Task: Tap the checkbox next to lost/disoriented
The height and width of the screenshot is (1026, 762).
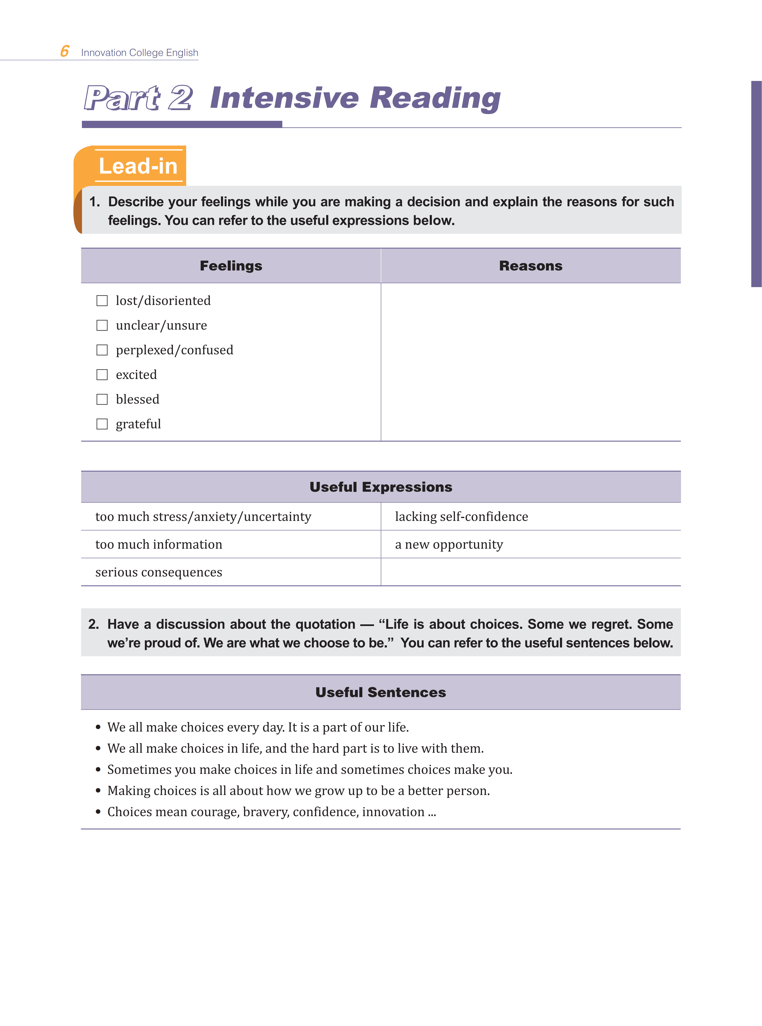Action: point(102,301)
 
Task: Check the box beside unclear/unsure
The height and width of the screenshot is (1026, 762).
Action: point(102,326)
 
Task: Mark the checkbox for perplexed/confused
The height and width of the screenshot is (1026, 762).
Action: point(102,350)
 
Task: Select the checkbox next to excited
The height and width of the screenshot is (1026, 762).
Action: point(102,374)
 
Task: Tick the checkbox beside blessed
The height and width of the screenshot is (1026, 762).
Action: point(102,399)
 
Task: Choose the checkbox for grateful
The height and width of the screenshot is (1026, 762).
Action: point(102,424)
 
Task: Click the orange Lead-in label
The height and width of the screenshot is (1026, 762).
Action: point(138,166)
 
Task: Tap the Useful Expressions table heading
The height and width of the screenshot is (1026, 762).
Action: point(381,487)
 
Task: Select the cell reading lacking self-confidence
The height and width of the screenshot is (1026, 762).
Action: point(461,516)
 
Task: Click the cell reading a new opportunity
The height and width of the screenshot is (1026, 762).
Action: point(449,545)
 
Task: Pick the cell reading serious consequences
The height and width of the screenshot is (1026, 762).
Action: point(159,572)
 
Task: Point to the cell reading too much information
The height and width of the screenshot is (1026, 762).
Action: point(159,545)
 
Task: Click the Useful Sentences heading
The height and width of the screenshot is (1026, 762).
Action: point(381,692)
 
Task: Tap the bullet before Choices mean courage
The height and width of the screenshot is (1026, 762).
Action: point(98,812)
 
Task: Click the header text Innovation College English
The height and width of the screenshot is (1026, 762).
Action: point(139,52)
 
